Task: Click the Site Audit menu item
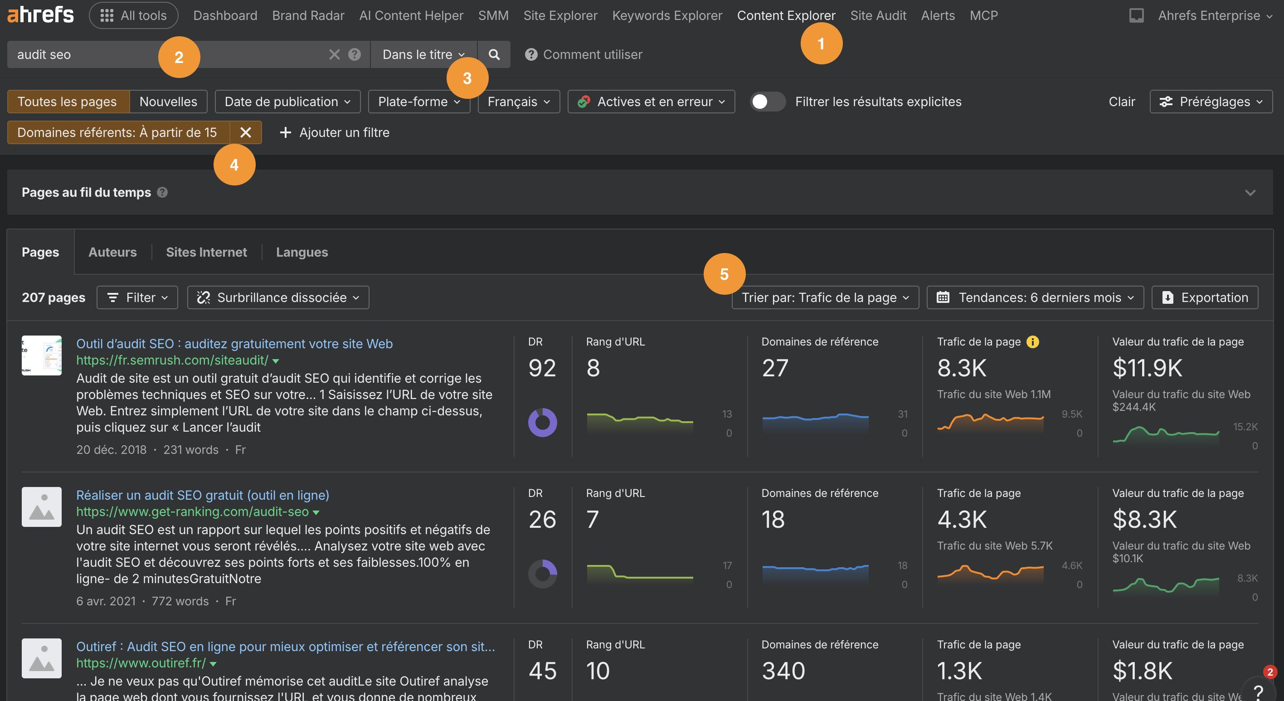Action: click(x=878, y=15)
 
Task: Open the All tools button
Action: click(x=133, y=15)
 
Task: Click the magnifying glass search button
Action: click(x=493, y=54)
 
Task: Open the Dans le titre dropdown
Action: click(x=423, y=54)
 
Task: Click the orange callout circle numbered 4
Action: click(x=234, y=165)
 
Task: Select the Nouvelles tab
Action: click(x=168, y=102)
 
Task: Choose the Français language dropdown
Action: click(x=518, y=102)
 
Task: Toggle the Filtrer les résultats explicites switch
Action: click(x=768, y=102)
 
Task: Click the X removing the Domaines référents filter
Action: click(x=245, y=132)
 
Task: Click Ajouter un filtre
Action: click(x=335, y=132)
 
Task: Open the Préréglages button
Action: click(x=1211, y=102)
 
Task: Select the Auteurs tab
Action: click(x=112, y=252)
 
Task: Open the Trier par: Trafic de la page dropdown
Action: click(x=825, y=297)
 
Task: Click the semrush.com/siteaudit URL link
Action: click(x=172, y=360)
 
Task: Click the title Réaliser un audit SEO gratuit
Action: click(x=202, y=495)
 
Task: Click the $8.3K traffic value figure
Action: click(x=1144, y=520)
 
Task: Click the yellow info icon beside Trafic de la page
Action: click(x=1033, y=342)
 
